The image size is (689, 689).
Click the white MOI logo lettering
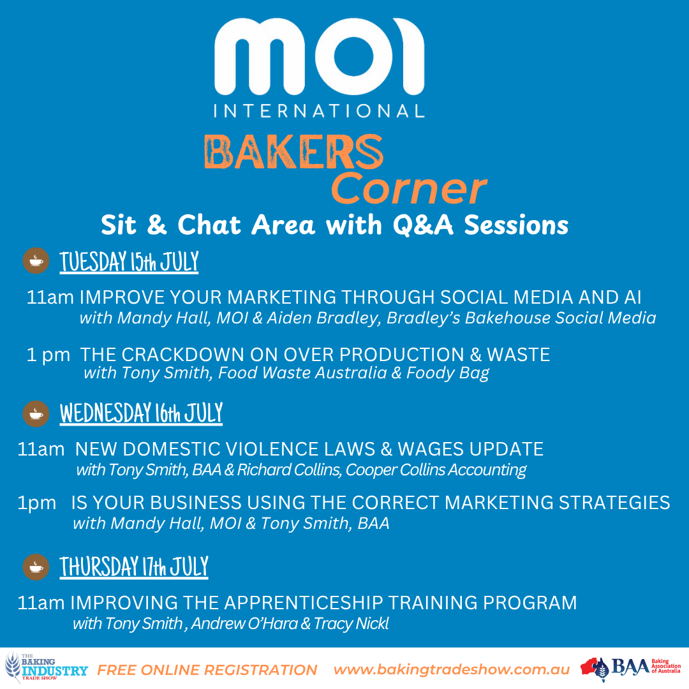coord(320,56)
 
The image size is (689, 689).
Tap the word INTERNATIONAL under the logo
coord(320,111)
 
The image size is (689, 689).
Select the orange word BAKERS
coord(293,152)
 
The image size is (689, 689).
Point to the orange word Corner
coord(409,189)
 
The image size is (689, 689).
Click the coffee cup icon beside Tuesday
coord(36,260)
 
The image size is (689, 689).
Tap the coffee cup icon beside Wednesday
coord(36,413)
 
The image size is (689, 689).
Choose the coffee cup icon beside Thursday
coord(36,567)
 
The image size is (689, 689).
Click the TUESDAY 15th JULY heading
coord(129,262)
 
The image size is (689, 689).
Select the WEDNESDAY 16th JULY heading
coord(141,413)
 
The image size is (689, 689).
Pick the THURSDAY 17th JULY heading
coord(134,567)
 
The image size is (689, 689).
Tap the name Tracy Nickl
coord(351,623)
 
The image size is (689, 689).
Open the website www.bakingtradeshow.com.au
coord(451,670)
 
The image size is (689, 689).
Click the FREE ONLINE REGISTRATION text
coord(207,670)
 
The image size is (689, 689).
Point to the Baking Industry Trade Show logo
coord(46,667)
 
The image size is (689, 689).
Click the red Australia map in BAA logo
coord(591,666)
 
